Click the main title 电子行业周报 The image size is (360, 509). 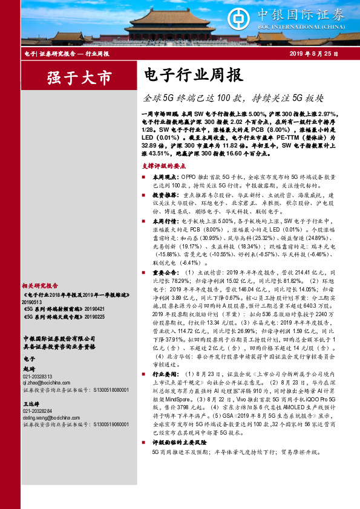pyautogui.click(x=194, y=76)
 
